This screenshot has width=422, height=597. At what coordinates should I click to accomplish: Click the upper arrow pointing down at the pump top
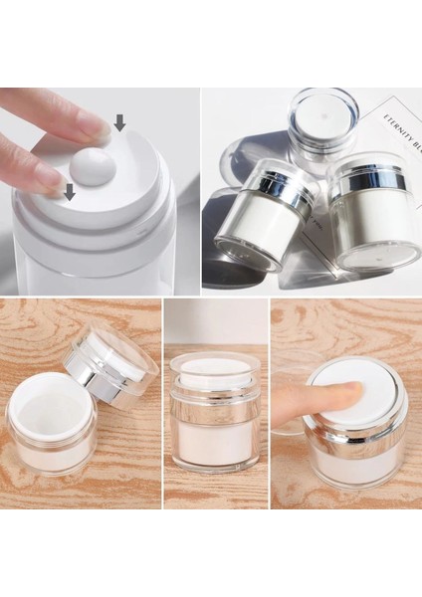point(119,122)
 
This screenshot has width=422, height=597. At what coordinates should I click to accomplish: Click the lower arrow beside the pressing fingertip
point(69,190)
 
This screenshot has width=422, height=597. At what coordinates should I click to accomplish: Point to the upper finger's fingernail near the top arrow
point(97,127)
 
